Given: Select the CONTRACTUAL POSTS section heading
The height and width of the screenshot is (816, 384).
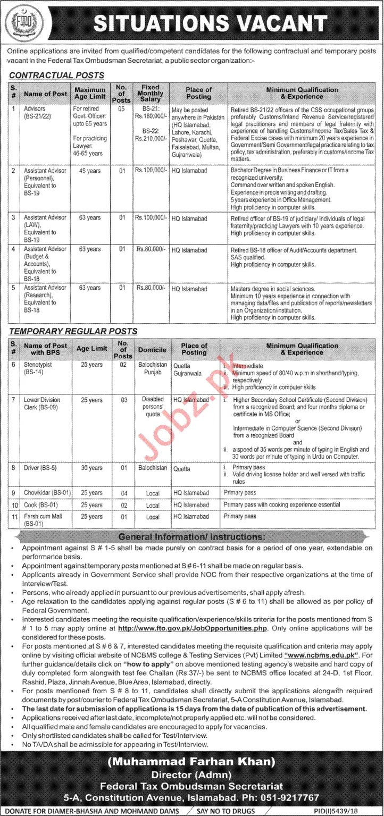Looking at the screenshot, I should tap(56, 75).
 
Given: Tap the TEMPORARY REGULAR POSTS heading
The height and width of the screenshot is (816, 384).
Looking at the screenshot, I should tap(73, 331).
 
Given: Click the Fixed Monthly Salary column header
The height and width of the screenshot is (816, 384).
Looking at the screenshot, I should tap(151, 93).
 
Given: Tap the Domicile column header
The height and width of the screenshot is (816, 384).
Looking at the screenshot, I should tap(153, 350).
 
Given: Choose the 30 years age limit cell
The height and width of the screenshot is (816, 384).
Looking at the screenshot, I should tap(91, 468).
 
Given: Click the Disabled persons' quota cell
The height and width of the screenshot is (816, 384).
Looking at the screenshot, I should tap(153, 407).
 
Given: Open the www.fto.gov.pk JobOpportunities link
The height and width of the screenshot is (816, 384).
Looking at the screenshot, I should tap(192, 628).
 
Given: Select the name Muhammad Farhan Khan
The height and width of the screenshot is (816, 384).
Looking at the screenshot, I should tap(192, 762).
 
